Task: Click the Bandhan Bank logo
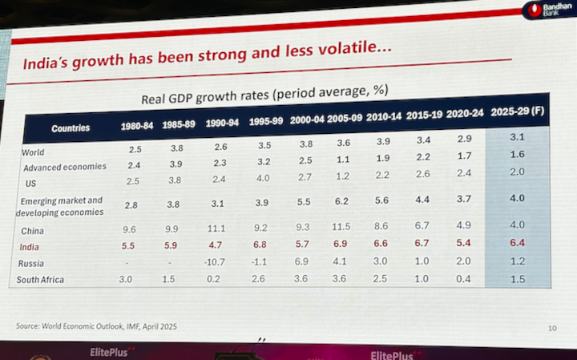click(549, 11)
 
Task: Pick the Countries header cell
click(71, 128)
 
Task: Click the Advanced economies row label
click(64, 168)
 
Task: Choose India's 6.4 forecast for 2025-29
click(517, 243)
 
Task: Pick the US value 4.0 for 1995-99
click(262, 180)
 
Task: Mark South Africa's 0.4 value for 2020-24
click(462, 277)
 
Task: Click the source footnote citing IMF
click(95, 326)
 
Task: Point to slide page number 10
click(551, 327)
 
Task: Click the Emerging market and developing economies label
click(61, 206)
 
